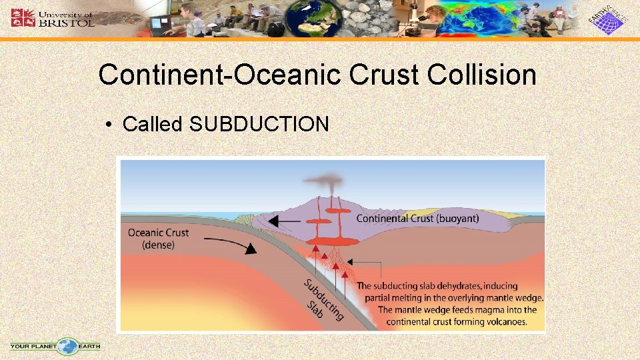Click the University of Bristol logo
click(x=53, y=18)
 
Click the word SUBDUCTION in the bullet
click(x=259, y=124)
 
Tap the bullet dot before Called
click(x=109, y=125)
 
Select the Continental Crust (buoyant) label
click(x=417, y=218)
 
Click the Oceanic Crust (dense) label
click(x=158, y=239)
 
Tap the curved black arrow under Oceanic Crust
click(x=241, y=246)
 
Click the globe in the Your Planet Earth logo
click(x=67, y=346)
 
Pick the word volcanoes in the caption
click(x=505, y=322)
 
